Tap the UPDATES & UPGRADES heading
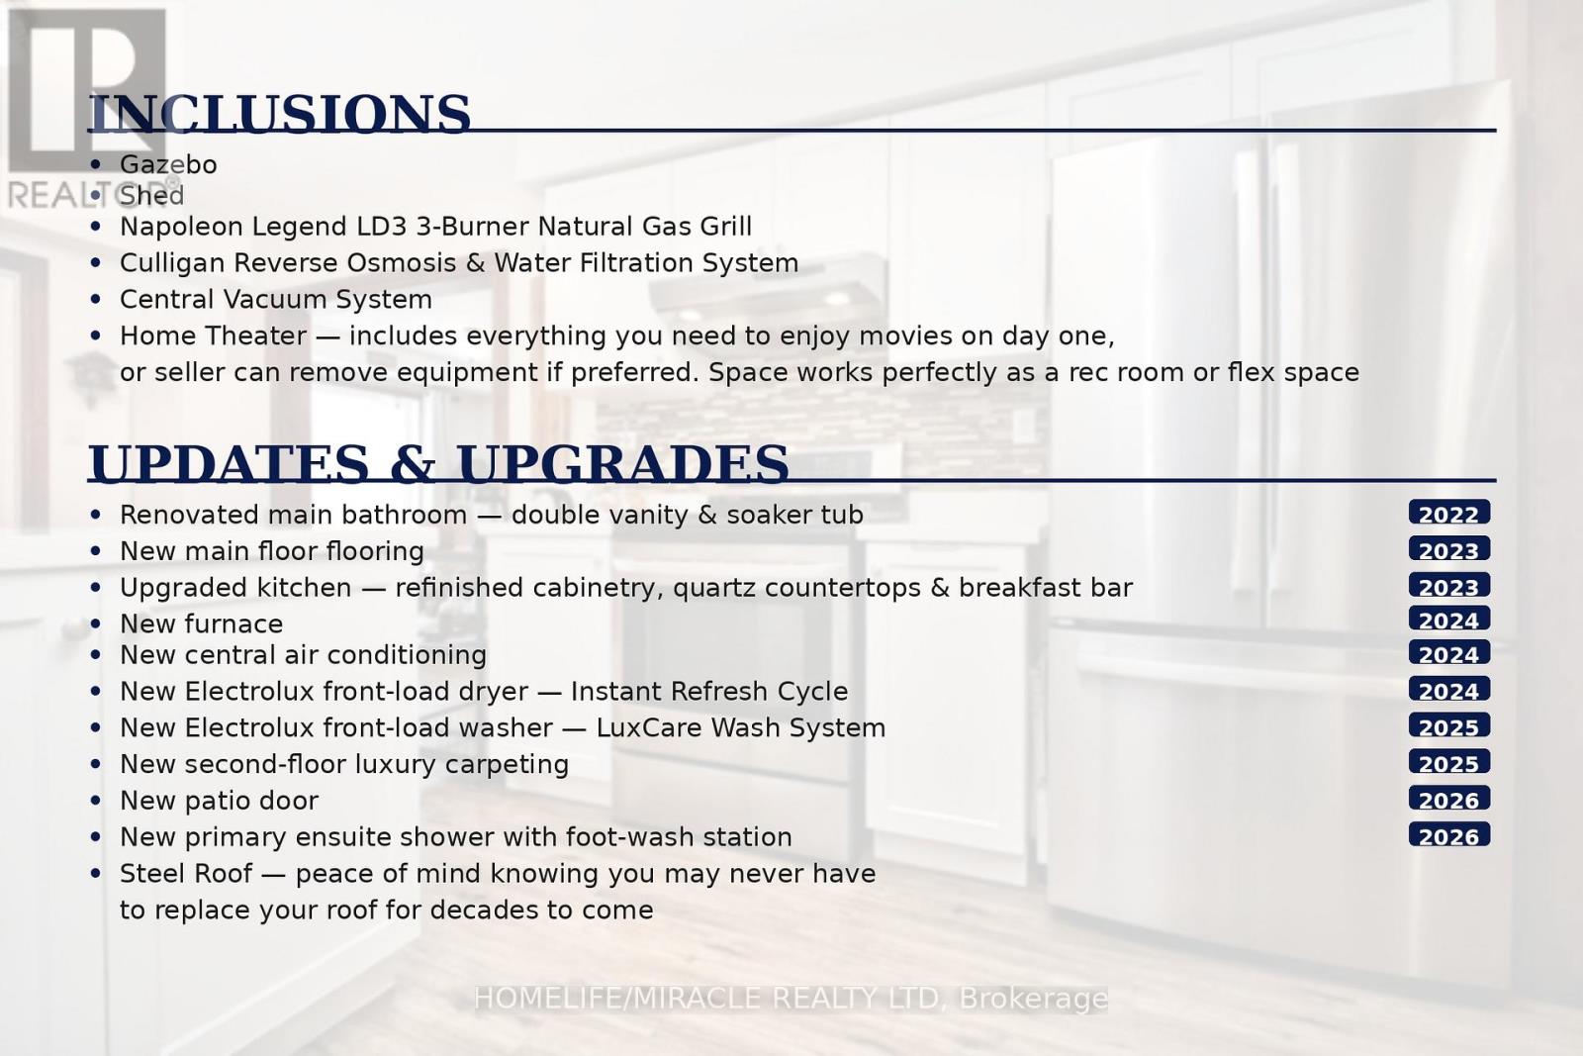point(438,464)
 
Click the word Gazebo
point(168,164)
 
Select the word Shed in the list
point(152,196)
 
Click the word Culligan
point(172,263)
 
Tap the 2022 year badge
point(1449,513)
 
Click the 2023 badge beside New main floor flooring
point(1449,549)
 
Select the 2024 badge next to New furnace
point(1449,620)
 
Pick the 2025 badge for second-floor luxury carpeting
point(1449,762)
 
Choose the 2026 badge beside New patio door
point(1449,799)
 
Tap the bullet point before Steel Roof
point(96,874)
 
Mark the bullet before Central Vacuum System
point(96,300)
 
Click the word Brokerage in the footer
point(1033,999)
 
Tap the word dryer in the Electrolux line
point(494,692)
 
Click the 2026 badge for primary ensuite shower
point(1449,834)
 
